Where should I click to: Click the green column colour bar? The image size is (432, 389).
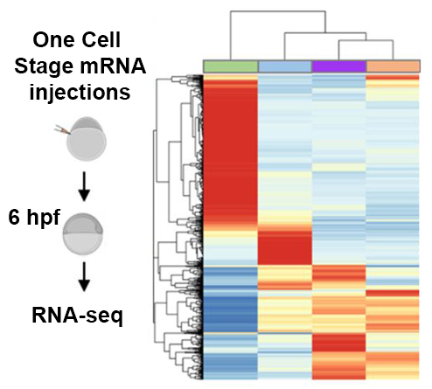[231, 66]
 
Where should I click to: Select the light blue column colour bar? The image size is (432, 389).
[285, 66]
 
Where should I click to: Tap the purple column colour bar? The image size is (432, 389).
[339, 66]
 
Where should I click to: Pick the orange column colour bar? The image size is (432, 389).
[393, 66]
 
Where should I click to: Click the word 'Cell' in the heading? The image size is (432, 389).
[101, 40]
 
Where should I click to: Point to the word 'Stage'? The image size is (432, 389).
[44, 66]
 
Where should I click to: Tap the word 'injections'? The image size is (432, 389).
[80, 93]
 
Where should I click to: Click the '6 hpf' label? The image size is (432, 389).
[34, 218]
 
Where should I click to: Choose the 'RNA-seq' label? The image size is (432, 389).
[77, 316]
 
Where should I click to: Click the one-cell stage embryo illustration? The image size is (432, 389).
[86, 139]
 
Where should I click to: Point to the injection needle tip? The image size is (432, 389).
[71, 134]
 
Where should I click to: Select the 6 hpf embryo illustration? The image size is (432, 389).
[83, 234]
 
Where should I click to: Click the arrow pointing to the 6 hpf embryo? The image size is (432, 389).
[84, 186]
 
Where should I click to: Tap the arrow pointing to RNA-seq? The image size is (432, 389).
[84, 276]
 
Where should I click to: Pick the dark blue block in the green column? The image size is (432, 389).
[230, 313]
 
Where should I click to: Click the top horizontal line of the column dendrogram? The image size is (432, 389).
[278, 11]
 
